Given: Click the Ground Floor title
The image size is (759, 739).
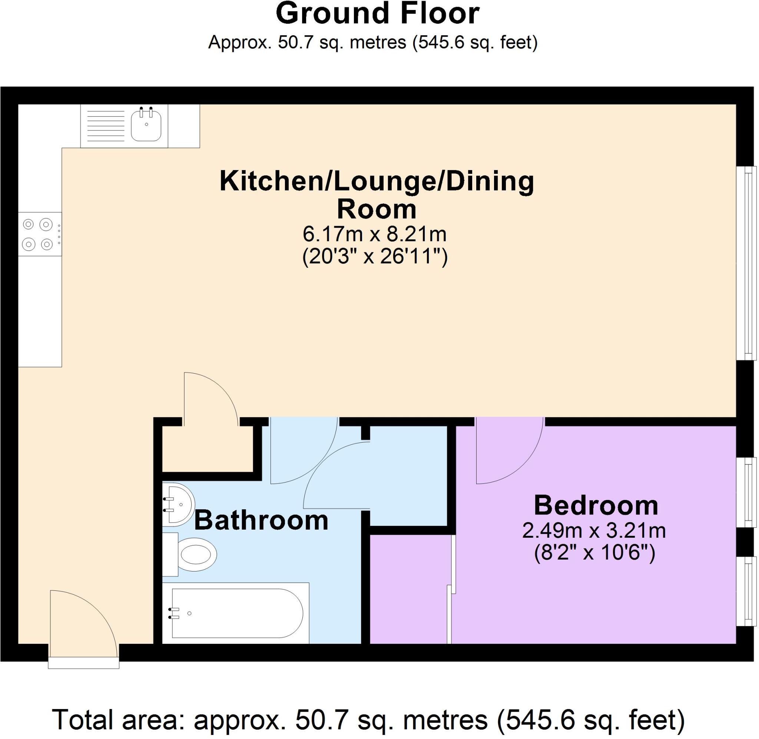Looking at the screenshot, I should (x=377, y=14).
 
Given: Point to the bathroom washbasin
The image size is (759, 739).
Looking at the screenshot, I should (x=179, y=504).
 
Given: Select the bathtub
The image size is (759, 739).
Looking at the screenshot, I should (x=236, y=613).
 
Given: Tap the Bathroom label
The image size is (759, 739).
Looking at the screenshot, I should (x=261, y=521).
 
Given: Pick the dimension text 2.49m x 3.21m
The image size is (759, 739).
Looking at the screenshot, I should (x=594, y=531).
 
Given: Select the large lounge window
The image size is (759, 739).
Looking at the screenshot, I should (x=746, y=263).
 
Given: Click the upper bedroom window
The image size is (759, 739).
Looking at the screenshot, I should (x=746, y=492).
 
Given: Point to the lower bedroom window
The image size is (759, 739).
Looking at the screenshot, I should (x=746, y=591).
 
